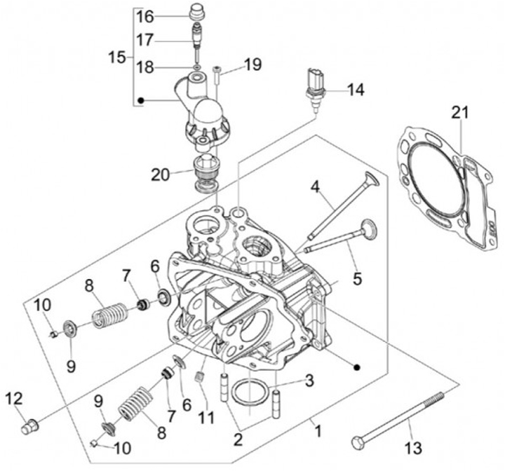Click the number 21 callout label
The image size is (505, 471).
pyautogui.click(x=460, y=111)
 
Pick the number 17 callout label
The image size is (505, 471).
pyautogui.click(x=144, y=40)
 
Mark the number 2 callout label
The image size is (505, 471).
pyautogui.click(x=239, y=438)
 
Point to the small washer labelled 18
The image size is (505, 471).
pyautogui.click(x=198, y=69)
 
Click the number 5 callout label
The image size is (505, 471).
pyautogui.click(x=357, y=279)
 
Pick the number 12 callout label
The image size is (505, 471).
pyautogui.click(x=14, y=399)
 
